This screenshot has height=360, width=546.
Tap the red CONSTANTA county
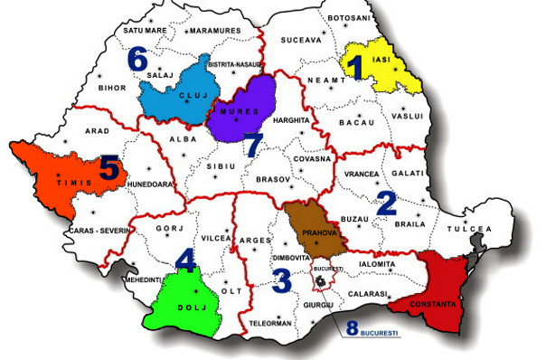[438, 286]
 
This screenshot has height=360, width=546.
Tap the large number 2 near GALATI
[386, 202]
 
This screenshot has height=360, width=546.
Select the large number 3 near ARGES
[282, 279]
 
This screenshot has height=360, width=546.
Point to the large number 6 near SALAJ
[136, 60]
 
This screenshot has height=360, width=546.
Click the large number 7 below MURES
[252, 145]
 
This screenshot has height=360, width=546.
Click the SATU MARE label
[145, 30]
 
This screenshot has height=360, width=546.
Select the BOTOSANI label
[348, 18]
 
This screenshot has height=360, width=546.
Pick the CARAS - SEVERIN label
[100, 231]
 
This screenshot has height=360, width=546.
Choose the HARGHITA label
[290, 119]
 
